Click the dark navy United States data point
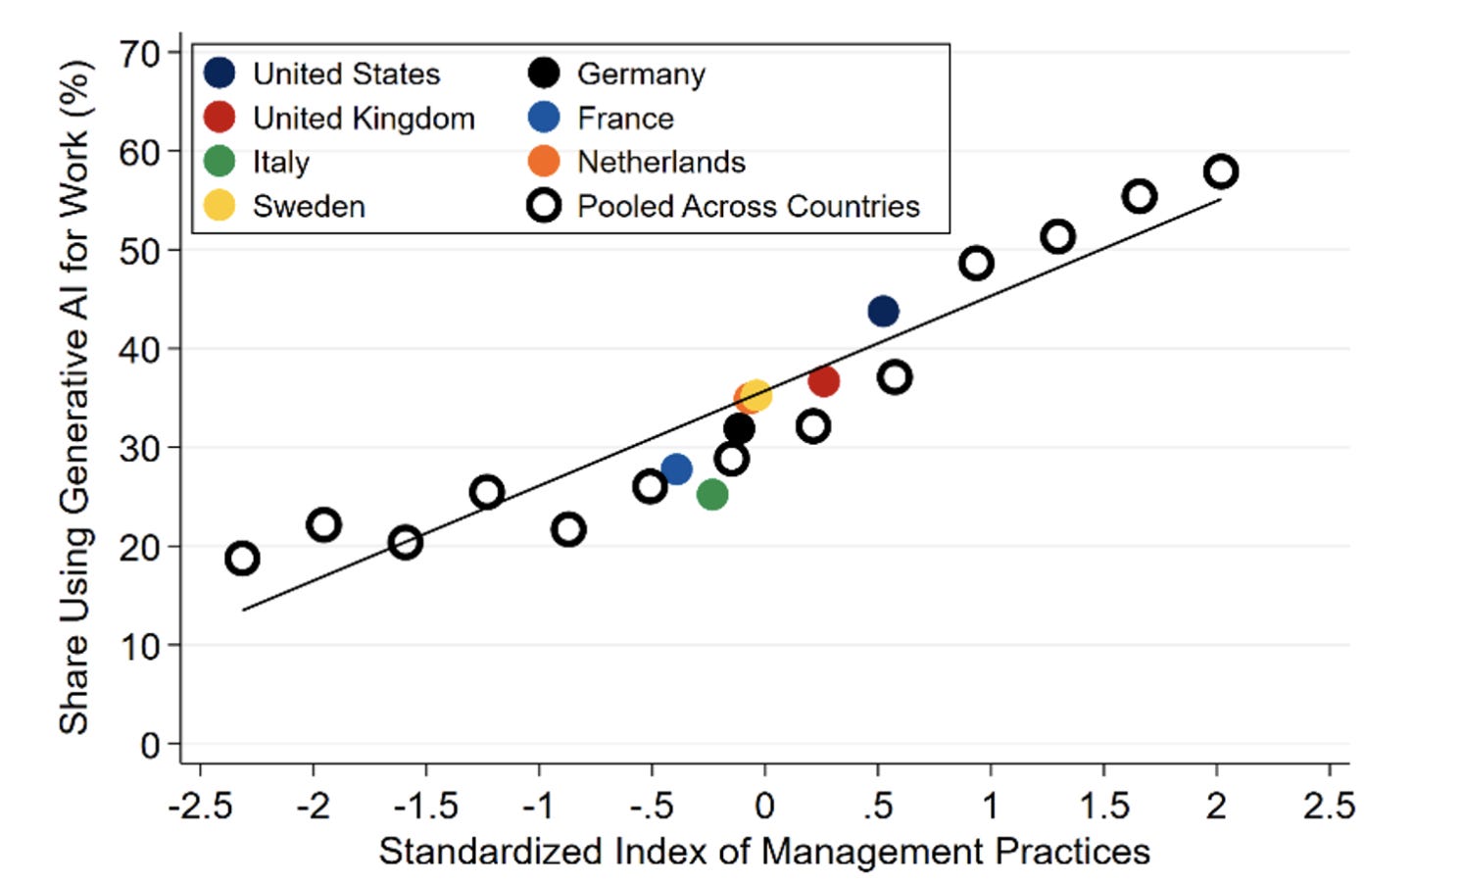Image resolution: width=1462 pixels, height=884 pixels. click(x=883, y=311)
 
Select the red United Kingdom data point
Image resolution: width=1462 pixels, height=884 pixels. click(x=824, y=381)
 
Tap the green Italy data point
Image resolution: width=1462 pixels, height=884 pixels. click(x=712, y=494)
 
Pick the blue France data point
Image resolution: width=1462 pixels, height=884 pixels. click(x=676, y=468)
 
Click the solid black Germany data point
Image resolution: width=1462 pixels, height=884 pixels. click(x=740, y=429)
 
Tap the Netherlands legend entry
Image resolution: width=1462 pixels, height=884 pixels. click(x=636, y=162)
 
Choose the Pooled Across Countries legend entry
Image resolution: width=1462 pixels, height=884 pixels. click(x=724, y=207)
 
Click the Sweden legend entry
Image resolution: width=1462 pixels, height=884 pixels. click(x=284, y=207)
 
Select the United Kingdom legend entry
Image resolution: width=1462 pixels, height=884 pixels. click(x=339, y=119)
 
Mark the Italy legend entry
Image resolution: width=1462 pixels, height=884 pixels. click(x=257, y=162)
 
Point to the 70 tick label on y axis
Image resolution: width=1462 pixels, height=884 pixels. click(x=140, y=54)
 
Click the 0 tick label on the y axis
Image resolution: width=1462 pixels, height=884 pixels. click(x=150, y=745)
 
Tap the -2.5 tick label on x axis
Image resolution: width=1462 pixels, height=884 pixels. click(x=200, y=807)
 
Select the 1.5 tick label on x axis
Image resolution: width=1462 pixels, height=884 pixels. click(x=1104, y=807)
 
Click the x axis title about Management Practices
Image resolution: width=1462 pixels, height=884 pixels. click(x=764, y=852)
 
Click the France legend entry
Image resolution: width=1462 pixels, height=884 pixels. click(x=601, y=119)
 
